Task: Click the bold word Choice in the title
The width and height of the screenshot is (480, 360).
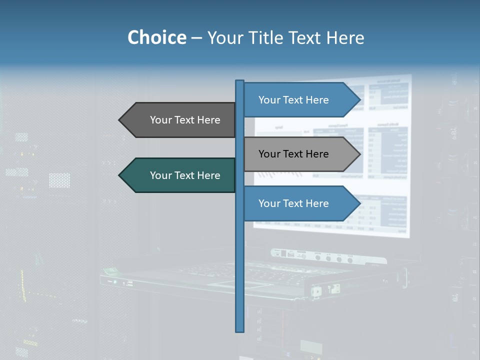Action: tap(156, 37)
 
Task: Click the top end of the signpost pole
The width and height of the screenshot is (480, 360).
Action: tap(240, 81)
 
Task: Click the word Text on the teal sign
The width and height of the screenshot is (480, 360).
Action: tap(185, 175)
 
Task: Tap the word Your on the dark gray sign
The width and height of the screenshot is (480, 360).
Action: tap(160, 120)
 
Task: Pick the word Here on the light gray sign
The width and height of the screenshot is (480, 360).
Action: tap(317, 154)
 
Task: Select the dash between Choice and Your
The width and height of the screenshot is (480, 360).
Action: tap(196, 38)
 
